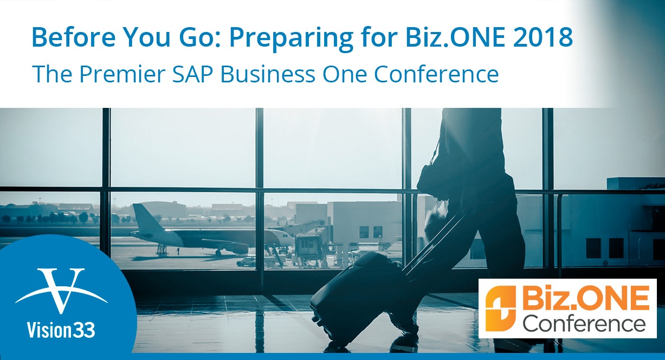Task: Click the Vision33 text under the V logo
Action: [x=61, y=330]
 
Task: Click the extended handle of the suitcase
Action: [x=430, y=243]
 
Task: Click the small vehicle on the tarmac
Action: [x=246, y=262]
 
